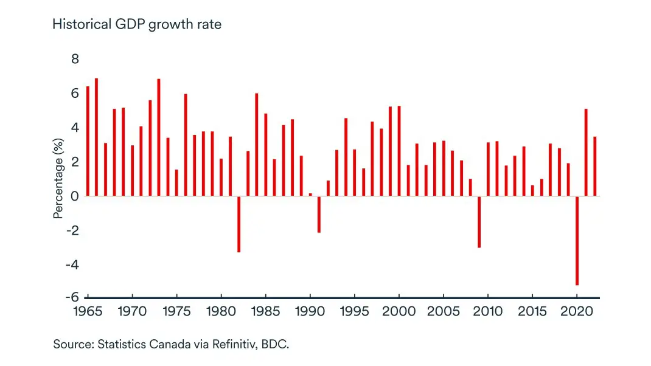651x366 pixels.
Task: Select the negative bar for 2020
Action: [577, 240]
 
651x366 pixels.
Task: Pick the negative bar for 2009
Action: [479, 221]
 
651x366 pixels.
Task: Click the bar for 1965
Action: [88, 141]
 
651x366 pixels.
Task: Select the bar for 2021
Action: [586, 153]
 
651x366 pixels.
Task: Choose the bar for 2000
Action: [399, 151]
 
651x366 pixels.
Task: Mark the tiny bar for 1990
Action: [310, 195]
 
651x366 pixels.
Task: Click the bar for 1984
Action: [257, 145]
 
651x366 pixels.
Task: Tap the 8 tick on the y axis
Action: [75, 59]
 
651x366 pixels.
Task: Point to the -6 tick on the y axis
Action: [73, 297]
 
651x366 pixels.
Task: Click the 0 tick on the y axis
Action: [75, 196]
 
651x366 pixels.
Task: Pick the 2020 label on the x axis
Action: [577, 312]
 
